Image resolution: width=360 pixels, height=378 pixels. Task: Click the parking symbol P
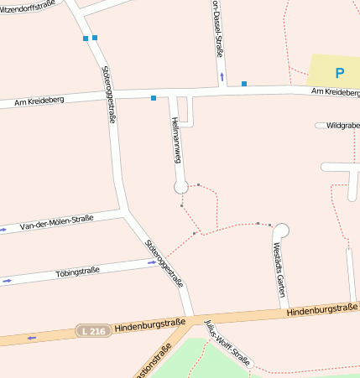click(x=340, y=73)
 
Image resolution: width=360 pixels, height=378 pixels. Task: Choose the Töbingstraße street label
click(x=77, y=271)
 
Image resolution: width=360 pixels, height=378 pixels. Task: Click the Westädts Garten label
click(x=279, y=270)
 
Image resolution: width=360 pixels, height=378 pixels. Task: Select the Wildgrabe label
click(x=343, y=125)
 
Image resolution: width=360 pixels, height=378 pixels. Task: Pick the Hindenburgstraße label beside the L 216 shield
click(x=149, y=324)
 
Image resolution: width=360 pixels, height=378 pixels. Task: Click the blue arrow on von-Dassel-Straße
click(x=222, y=76)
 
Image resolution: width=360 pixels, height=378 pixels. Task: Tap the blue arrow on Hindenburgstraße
click(x=32, y=338)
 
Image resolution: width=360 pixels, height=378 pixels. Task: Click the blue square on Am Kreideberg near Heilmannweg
click(x=154, y=98)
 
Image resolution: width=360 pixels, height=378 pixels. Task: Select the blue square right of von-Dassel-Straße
click(x=244, y=83)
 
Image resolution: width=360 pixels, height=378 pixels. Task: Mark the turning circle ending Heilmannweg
click(x=181, y=186)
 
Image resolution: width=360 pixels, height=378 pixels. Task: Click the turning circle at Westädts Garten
click(x=281, y=230)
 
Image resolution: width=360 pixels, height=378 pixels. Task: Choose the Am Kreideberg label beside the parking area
click(x=335, y=91)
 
